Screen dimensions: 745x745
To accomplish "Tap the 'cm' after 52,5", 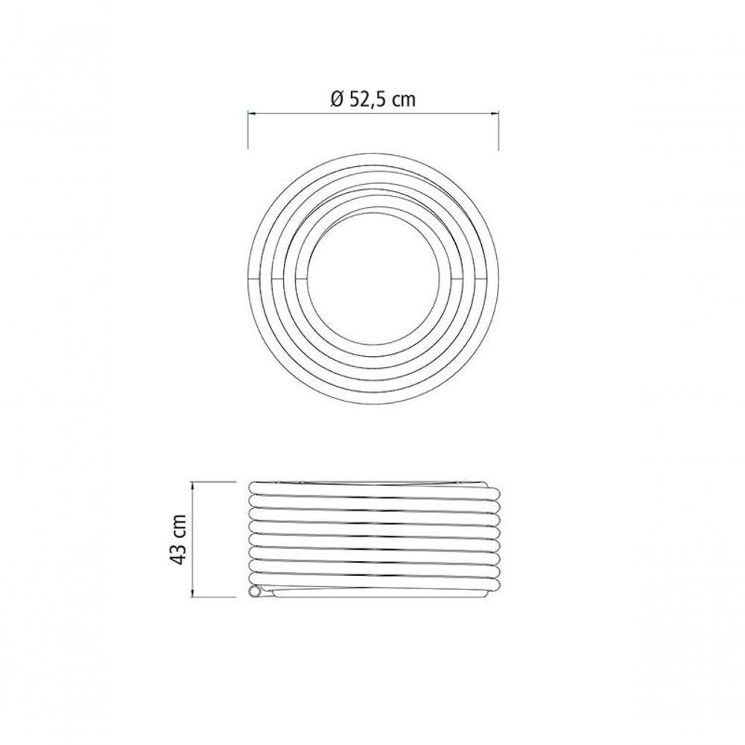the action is point(405,101).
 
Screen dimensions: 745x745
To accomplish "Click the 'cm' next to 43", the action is point(179,525).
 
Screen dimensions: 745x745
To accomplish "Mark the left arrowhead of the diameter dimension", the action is point(253,113).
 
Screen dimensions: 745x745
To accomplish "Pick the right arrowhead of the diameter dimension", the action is point(494,113).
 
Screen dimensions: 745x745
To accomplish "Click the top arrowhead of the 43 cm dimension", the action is point(192,486).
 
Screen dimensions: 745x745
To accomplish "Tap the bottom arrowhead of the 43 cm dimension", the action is point(192,592).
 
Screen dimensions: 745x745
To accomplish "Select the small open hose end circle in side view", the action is point(255,592).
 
